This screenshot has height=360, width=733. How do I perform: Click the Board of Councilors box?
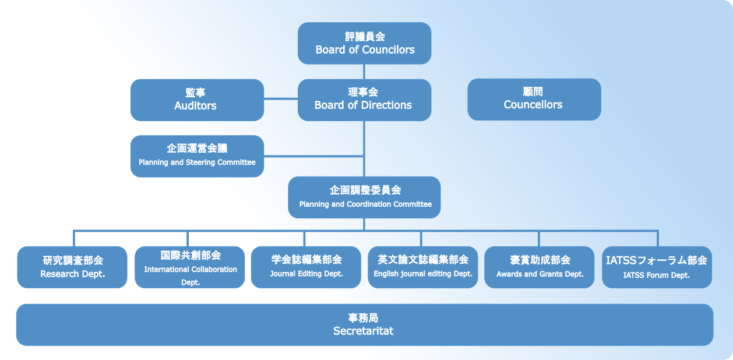click(364, 43)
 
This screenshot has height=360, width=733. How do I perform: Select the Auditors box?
click(197, 100)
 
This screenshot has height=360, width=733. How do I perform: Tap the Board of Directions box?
click(364, 100)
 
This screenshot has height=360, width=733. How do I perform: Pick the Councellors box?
click(534, 99)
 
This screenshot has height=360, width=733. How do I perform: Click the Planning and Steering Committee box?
click(197, 156)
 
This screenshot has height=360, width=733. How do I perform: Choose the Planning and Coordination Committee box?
click(364, 197)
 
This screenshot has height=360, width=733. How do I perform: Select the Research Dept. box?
click(72, 267)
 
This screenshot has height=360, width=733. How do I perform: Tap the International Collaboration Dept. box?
click(190, 267)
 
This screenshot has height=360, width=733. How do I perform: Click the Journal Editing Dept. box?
click(306, 267)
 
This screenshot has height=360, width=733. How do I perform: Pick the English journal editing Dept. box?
click(422, 267)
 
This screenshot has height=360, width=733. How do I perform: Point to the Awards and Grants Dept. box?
click(540, 267)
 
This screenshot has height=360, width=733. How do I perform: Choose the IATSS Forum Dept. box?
click(657, 267)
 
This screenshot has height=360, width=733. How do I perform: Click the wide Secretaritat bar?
click(364, 324)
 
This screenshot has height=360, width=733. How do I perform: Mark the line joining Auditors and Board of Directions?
click(281, 99)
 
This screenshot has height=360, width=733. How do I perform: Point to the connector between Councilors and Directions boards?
click(364, 72)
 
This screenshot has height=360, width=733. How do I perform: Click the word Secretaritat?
click(363, 331)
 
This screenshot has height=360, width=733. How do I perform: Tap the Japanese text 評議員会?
click(365, 37)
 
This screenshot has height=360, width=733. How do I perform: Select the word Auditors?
click(195, 106)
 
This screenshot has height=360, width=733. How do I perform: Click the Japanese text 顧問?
click(533, 92)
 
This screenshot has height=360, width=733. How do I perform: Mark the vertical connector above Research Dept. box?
click(74, 238)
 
